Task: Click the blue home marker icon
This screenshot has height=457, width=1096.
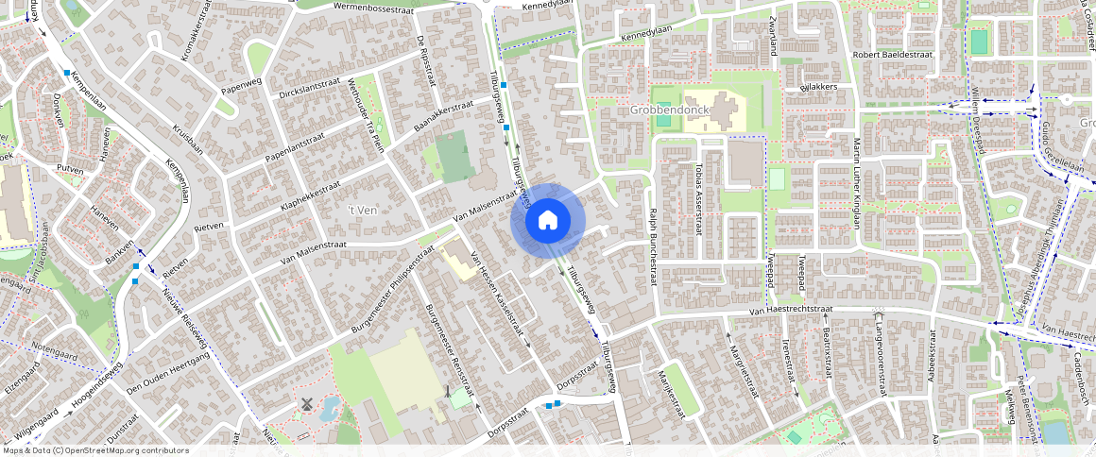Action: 547,221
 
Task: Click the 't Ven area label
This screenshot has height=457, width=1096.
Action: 362,210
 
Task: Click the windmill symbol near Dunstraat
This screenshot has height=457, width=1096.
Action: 306,403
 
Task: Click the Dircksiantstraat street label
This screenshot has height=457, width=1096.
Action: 309,89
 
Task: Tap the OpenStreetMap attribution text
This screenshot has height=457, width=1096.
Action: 96,451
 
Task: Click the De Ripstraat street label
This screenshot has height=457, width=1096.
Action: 426,59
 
